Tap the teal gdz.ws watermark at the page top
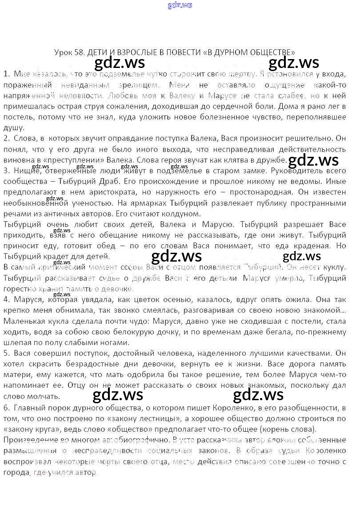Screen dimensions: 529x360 [180, 5]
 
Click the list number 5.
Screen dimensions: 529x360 [6, 353]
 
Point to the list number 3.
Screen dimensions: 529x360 [6, 171]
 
